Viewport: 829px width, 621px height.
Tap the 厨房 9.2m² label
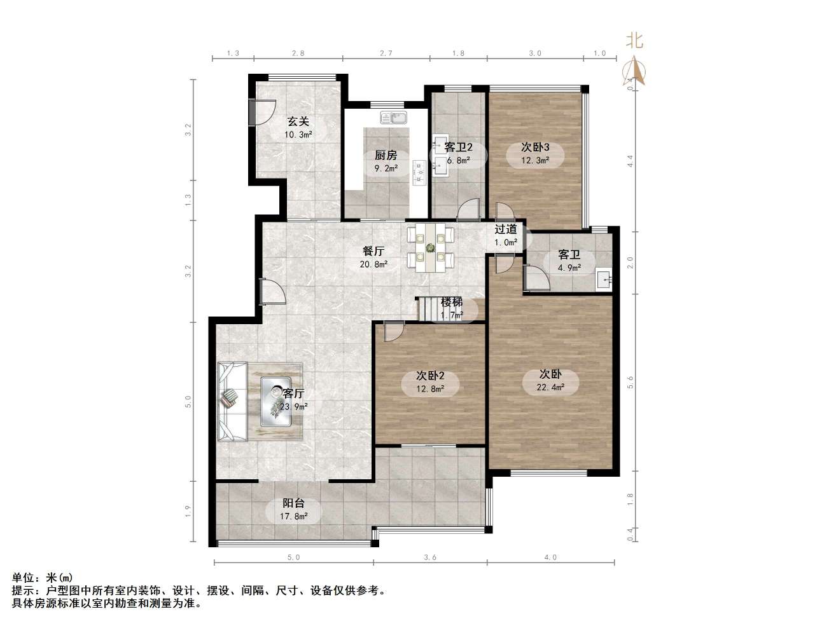[x=386, y=161]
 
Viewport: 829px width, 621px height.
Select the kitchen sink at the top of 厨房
[x=394, y=118]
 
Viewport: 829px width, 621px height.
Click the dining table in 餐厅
[x=431, y=247]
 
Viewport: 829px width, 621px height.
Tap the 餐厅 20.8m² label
[x=373, y=257]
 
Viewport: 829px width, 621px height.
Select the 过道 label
[x=506, y=229]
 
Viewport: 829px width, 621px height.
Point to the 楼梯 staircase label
[x=452, y=302]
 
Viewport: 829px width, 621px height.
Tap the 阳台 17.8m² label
[x=293, y=509]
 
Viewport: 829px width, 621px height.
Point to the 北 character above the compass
[x=634, y=41]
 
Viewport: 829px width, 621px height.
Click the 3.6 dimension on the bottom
[x=430, y=557]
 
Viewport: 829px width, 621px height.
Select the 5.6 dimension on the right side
[x=630, y=381]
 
